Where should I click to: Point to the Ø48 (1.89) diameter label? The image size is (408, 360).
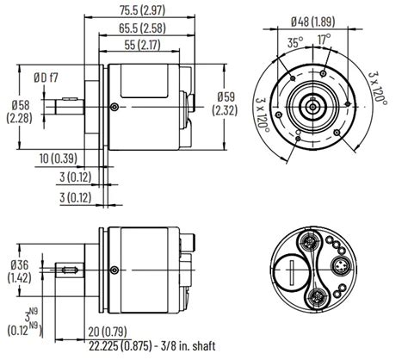(312, 22)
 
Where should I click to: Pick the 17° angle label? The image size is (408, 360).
(323, 40)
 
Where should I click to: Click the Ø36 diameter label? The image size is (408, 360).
(18, 269)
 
